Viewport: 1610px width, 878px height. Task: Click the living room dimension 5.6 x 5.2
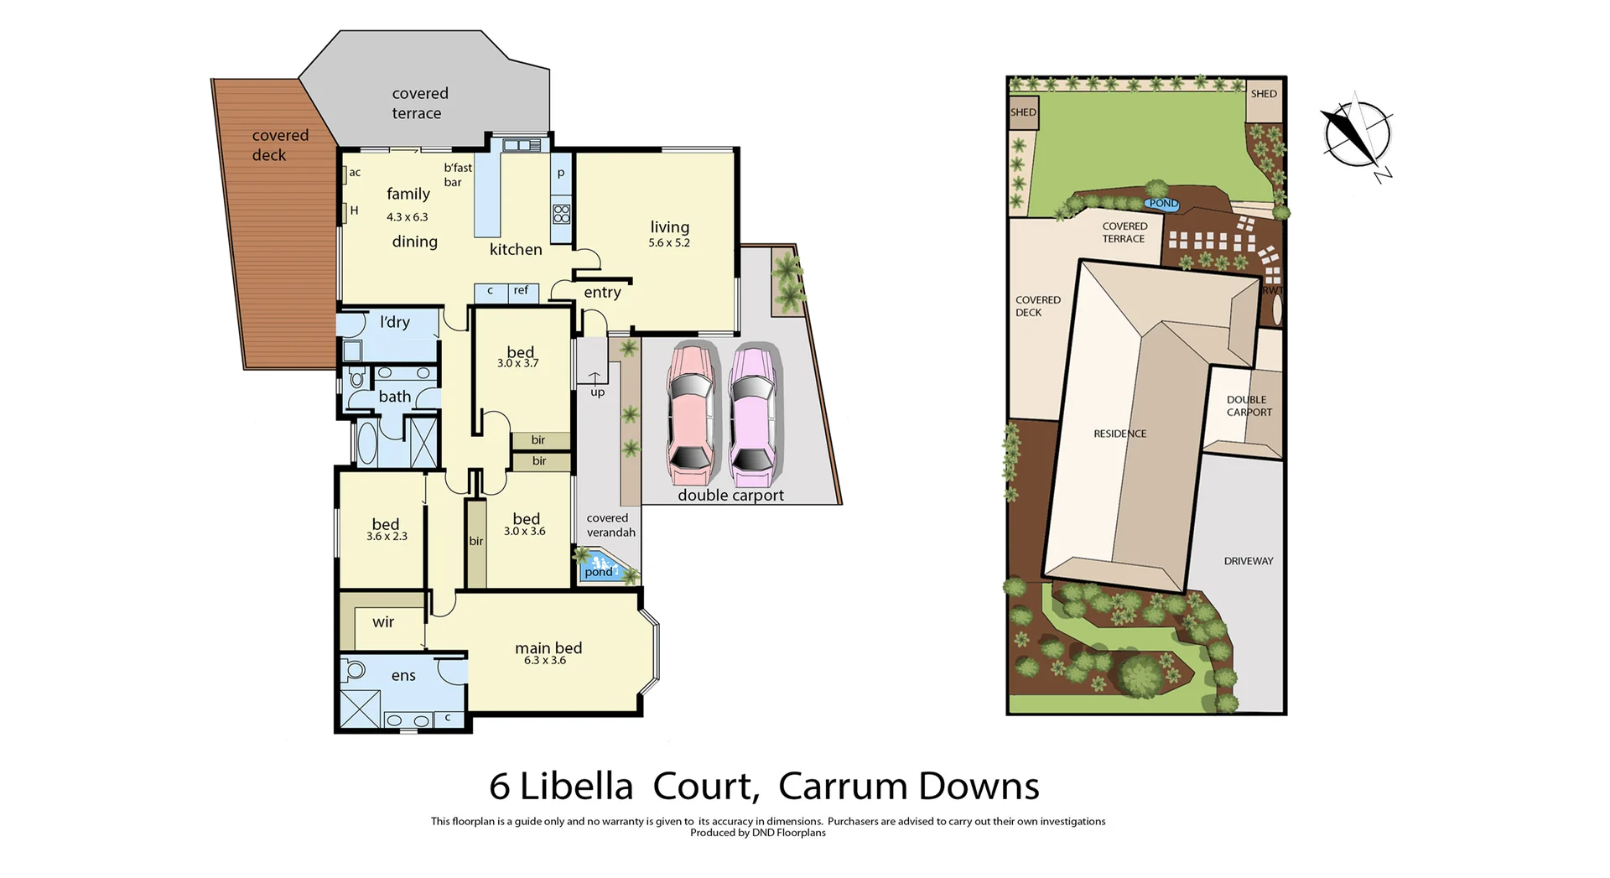click(668, 243)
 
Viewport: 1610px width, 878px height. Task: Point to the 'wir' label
click(383, 622)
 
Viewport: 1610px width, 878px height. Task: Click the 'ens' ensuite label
click(403, 676)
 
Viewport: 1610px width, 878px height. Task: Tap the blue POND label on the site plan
click(1163, 204)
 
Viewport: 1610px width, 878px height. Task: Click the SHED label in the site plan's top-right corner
click(1264, 94)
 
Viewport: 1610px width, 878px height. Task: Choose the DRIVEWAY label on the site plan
click(1248, 561)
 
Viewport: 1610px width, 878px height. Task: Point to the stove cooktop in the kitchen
click(561, 213)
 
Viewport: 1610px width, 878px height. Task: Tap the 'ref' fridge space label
click(521, 291)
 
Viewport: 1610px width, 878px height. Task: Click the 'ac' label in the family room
click(355, 173)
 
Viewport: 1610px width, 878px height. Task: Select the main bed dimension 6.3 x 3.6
click(545, 661)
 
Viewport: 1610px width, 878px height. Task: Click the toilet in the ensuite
click(355, 670)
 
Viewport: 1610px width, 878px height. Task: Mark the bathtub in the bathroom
click(367, 443)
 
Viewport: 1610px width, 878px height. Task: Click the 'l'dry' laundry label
click(394, 322)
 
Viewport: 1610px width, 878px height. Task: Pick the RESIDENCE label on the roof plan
click(1119, 434)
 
